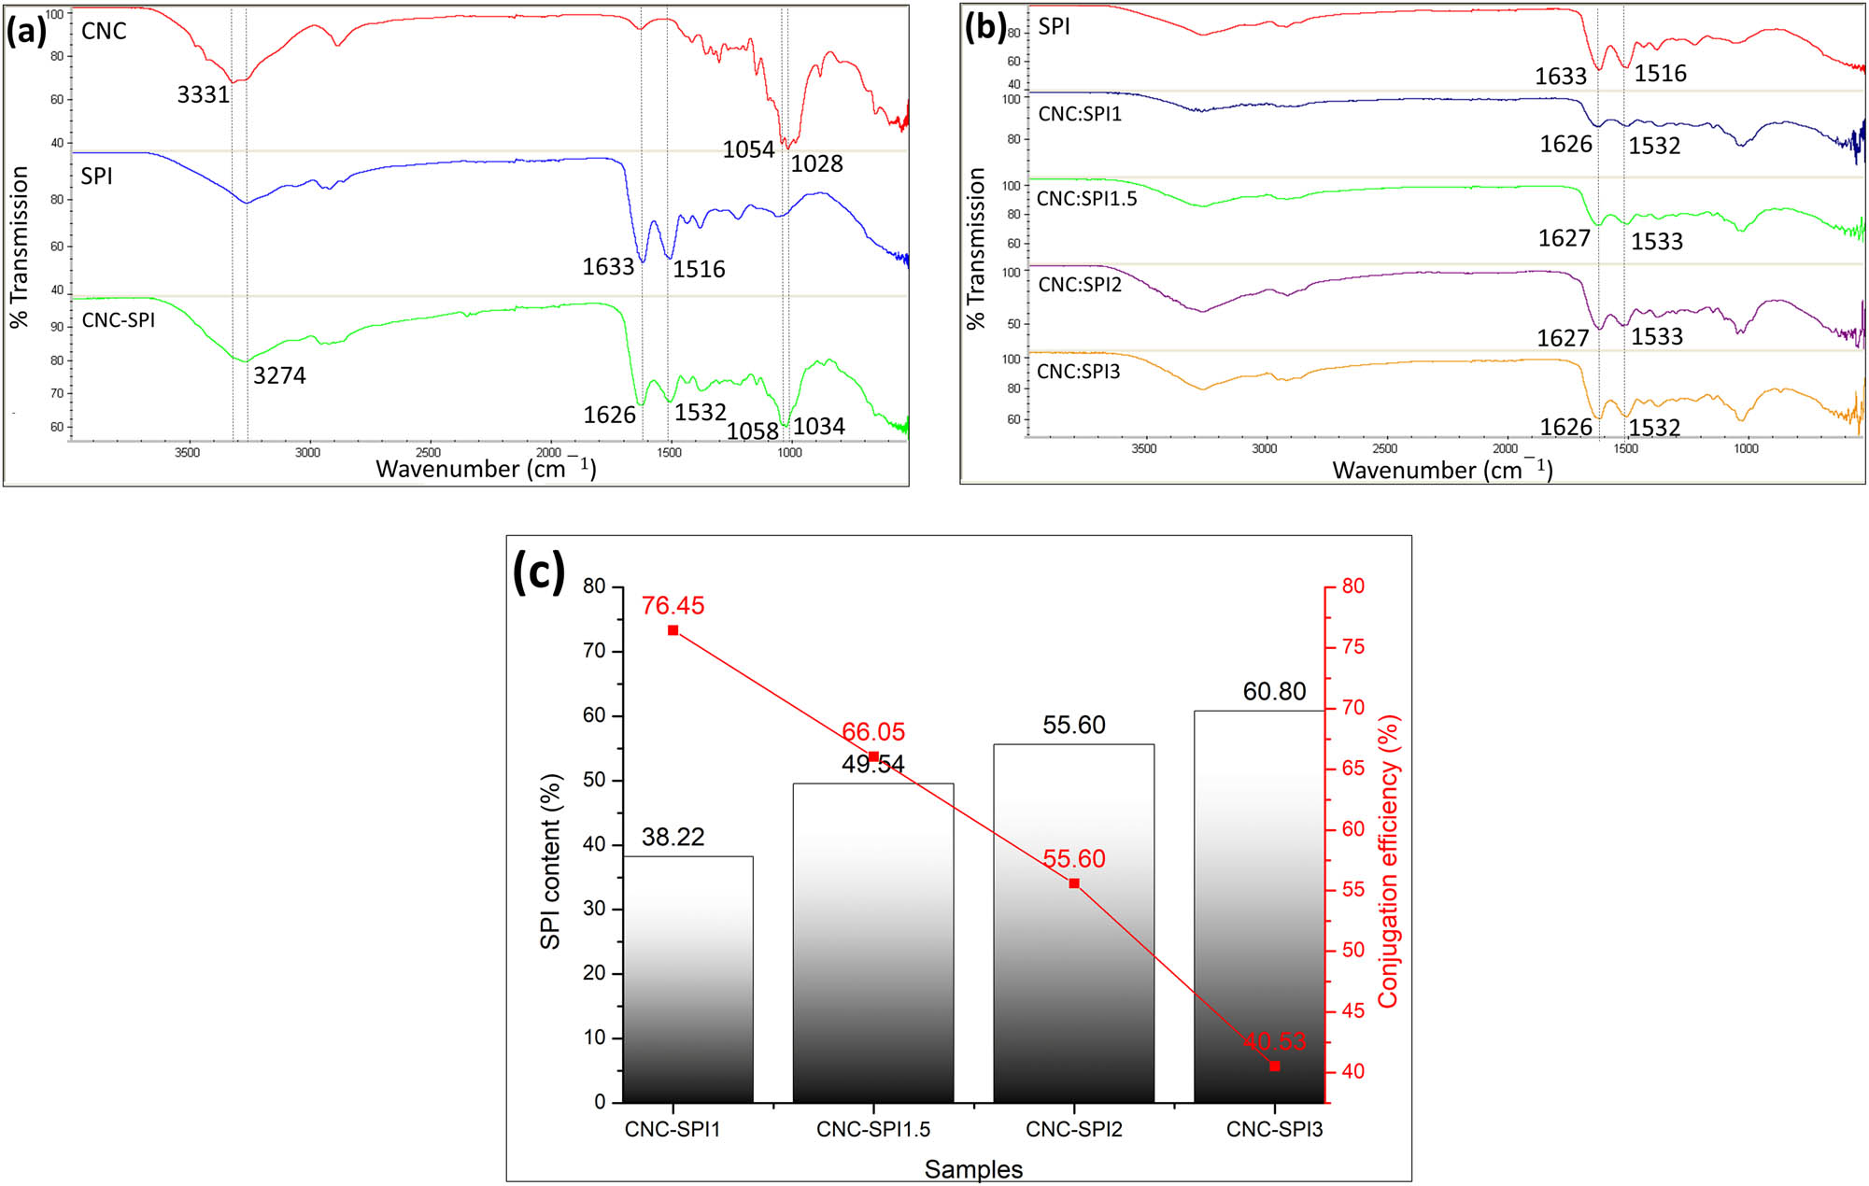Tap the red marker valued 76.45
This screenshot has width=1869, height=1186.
point(673,630)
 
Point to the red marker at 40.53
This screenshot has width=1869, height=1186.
point(1274,1066)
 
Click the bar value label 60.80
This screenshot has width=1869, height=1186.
point(1274,692)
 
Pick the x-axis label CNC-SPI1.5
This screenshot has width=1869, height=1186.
point(873,1129)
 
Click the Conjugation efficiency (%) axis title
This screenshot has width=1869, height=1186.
point(1388,861)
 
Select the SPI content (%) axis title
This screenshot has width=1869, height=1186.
point(550,861)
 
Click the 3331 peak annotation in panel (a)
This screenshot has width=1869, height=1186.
point(203,94)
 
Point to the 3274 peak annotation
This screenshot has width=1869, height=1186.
point(279,375)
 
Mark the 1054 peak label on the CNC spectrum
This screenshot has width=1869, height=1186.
point(748,149)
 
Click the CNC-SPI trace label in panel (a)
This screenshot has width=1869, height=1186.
point(119,320)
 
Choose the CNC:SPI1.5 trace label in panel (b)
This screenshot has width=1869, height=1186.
point(1086,199)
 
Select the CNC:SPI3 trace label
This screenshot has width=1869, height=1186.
point(1078,372)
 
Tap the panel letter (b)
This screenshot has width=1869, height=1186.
point(985,28)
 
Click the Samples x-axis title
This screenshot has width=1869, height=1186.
point(973,1169)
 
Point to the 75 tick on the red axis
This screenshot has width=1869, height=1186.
point(1352,647)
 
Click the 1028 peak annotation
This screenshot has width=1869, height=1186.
point(816,164)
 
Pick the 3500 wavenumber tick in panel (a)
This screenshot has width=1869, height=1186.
point(188,453)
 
